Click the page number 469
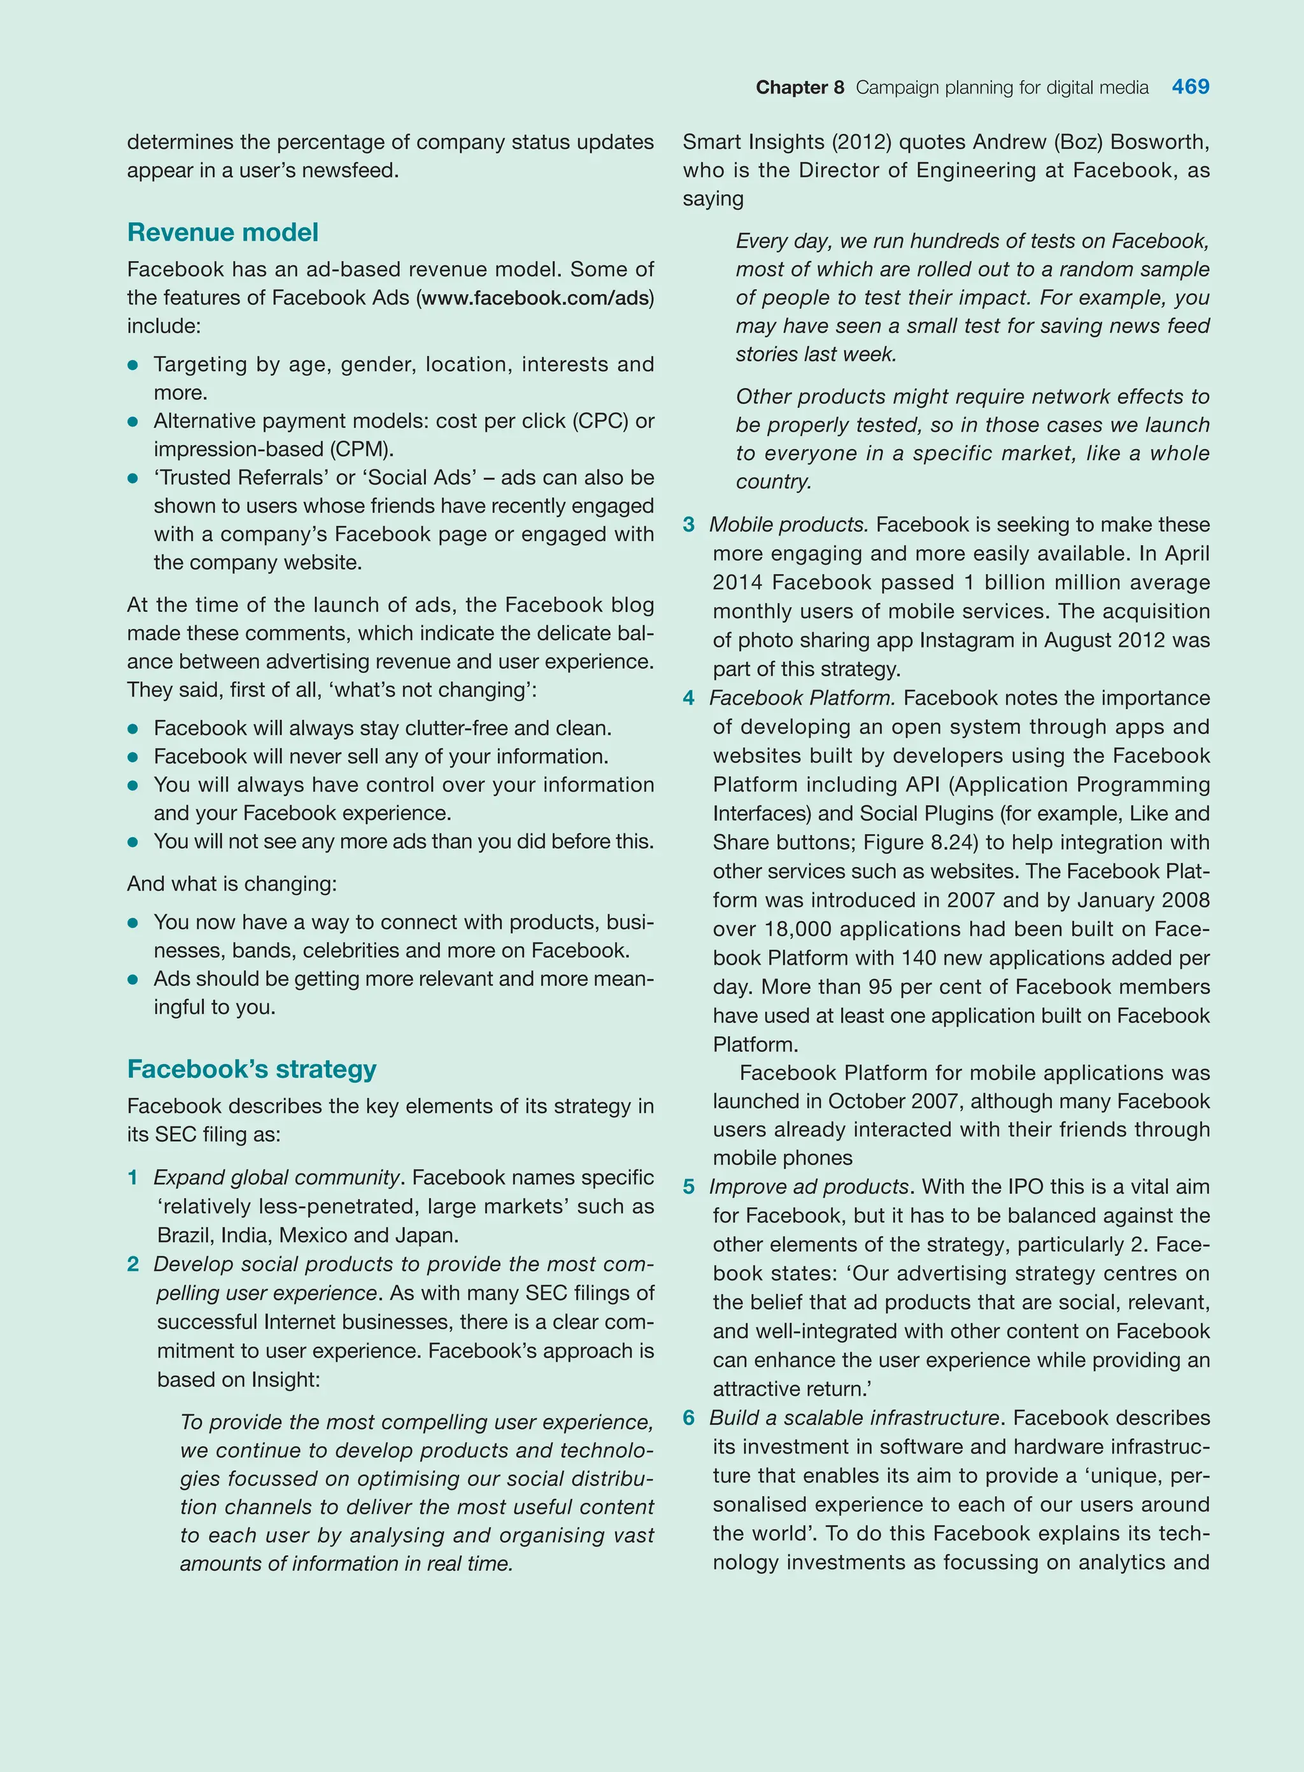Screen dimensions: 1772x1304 coord(1189,87)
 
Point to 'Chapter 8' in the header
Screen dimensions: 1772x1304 coord(799,88)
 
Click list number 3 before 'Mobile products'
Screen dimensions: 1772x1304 coord(688,525)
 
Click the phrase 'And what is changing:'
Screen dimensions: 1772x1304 coord(231,883)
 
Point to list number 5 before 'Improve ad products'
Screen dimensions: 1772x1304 coord(688,1187)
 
